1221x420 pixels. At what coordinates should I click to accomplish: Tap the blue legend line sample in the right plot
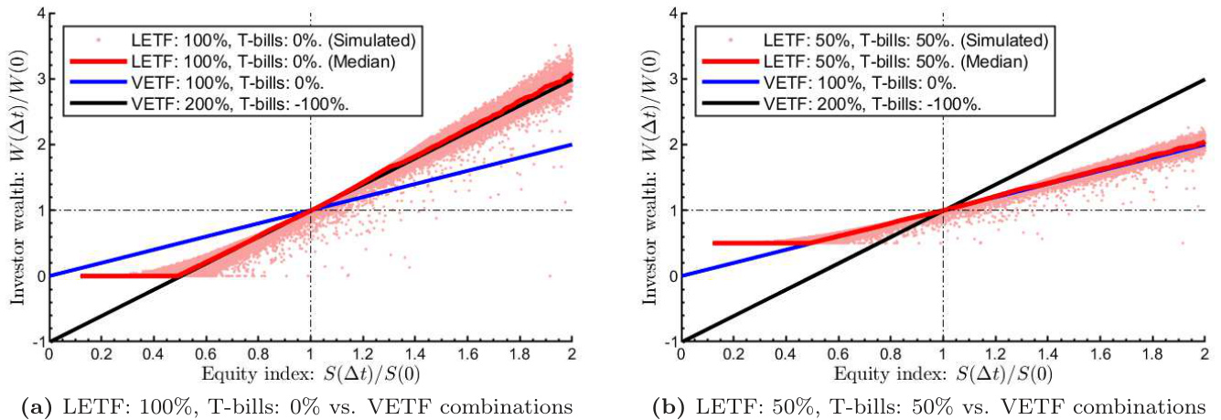pyautogui.click(x=728, y=83)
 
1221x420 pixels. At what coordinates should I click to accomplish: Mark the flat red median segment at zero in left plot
pyautogui.click(x=128, y=275)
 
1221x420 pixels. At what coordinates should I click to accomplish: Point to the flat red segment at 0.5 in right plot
pyautogui.click(x=750, y=242)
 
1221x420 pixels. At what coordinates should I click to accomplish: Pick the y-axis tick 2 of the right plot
pyautogui.click(x=673, y=145)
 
